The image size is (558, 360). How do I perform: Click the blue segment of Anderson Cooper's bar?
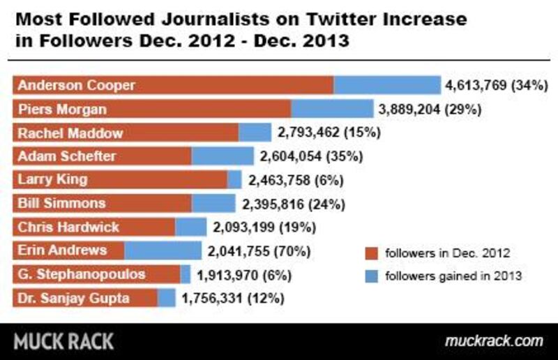tap(386, 85)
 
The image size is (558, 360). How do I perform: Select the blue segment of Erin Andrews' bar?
tap(163, 250)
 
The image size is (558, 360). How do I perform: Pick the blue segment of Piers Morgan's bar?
tap(332, 109)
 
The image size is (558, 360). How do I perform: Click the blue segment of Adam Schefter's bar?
tap(223, 156)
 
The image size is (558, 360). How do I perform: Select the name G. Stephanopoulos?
tap(82, 274)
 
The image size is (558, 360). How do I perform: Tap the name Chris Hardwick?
tap(68, 227)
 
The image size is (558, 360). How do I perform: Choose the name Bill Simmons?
tap(61, 203)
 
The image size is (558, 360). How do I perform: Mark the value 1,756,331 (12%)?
tap(232, 299)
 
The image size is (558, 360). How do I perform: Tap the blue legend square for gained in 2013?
tap(372, 276)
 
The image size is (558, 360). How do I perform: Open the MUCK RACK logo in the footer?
tap(64, 341)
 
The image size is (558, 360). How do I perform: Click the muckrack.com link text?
tap(493, 341)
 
